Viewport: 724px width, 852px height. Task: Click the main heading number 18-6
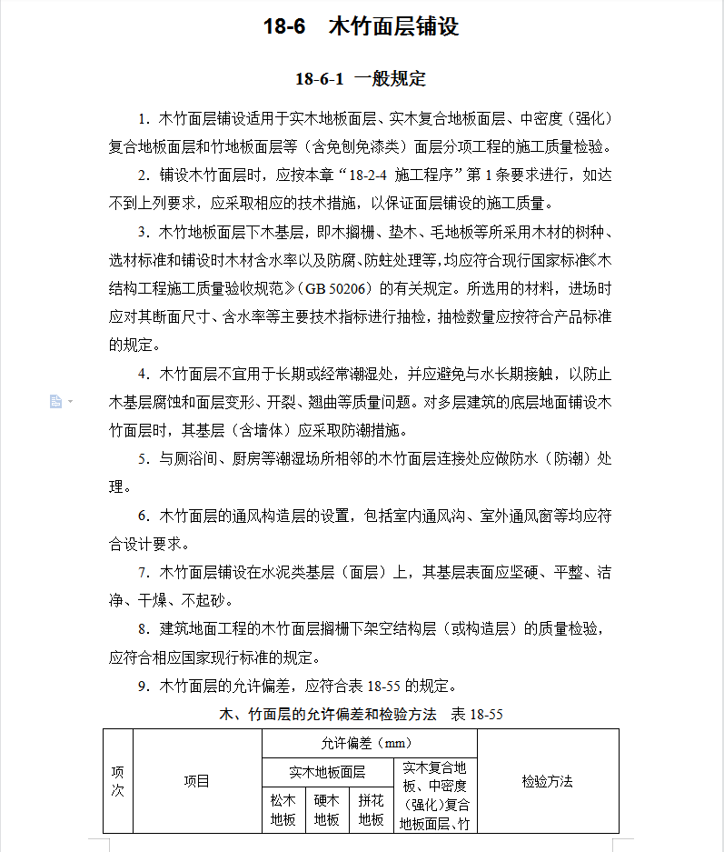coord(283,26)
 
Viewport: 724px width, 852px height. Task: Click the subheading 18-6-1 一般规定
coord(361,78)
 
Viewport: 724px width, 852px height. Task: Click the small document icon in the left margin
coord(56,401)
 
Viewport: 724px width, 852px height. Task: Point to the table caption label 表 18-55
coord(477,715)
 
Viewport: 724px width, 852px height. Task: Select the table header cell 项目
coord(196,781)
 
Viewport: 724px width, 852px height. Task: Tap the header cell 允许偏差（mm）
coord(367,743)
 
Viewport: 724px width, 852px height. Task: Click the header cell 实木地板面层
coord(327,772)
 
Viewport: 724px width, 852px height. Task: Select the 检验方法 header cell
coord(547,781)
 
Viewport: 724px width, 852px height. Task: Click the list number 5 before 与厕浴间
coord(143,459)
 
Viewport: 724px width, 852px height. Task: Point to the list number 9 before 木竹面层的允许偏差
coord(143,686)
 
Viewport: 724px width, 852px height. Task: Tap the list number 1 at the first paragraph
coord(143,119)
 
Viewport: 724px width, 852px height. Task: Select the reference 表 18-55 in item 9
coord(382,686)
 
